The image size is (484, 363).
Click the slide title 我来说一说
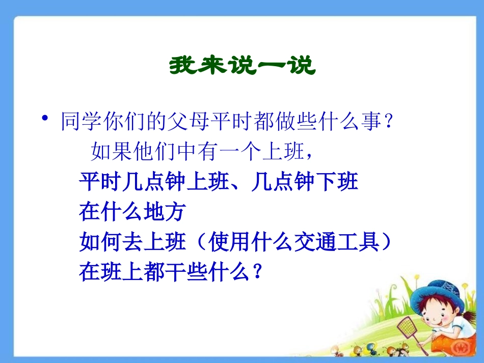coord(242,66)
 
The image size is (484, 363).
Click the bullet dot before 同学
coord(46,119)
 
